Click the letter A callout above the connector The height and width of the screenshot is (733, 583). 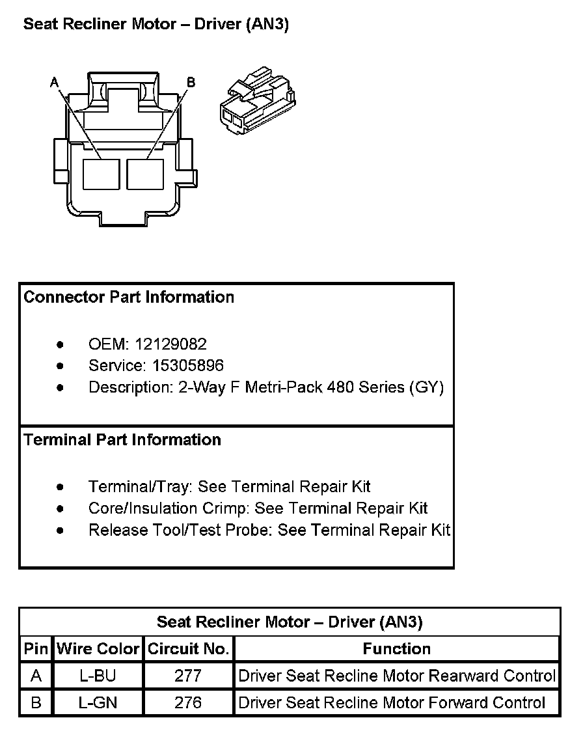54,82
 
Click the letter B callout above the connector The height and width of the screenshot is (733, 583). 191,82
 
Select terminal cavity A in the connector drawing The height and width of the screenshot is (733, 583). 101,174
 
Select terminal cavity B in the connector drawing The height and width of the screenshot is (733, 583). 144,174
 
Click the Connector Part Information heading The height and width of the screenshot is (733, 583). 129,297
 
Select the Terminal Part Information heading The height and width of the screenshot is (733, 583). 122,440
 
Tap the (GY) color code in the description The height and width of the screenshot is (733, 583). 426,387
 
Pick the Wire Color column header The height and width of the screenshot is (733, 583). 98,649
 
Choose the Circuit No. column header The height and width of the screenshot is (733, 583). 188,649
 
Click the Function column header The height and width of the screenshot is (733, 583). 396,649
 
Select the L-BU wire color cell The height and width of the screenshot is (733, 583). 98,676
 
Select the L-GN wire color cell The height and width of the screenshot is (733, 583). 98,703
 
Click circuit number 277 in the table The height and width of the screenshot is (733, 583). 188,676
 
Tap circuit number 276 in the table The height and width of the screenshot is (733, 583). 188,703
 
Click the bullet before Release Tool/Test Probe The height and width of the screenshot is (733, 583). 61,530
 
